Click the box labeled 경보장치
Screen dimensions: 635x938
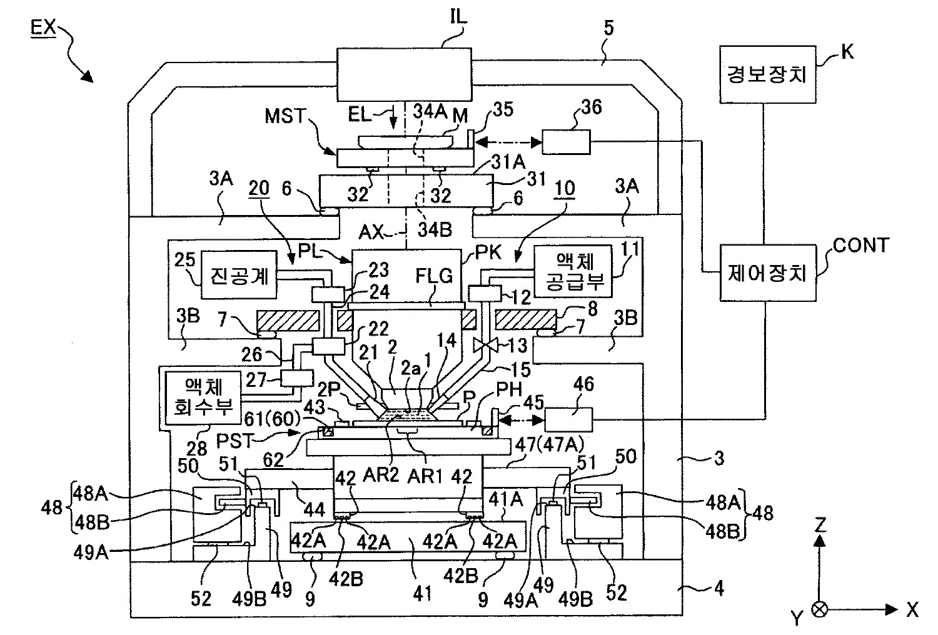tap(767, 74)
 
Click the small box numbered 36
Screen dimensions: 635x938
tap(566, 141)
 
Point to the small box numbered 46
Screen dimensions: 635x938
tap(569, 419)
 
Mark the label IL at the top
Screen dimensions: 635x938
tap(458, 17)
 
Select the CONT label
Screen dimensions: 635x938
tap(860, 246)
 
